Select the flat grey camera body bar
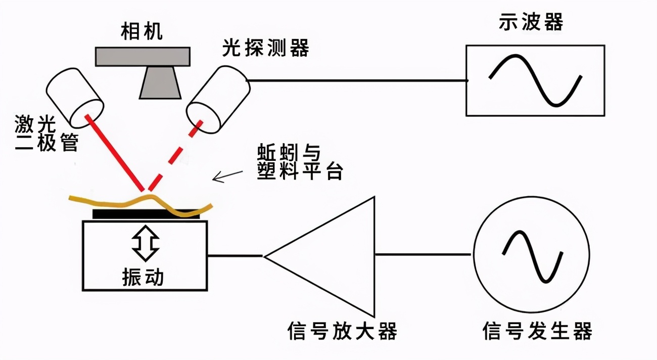[143, 57]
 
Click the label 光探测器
[266, 49]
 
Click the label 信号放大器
[342, 332]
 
